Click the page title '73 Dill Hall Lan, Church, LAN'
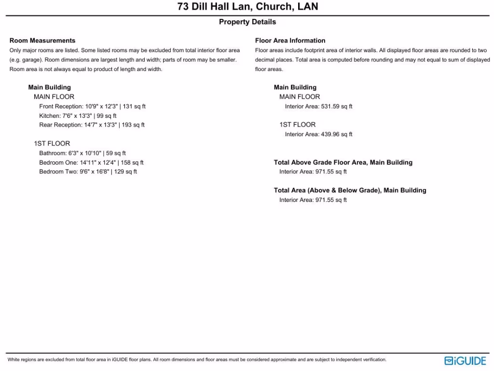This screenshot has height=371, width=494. [x=247, y=7]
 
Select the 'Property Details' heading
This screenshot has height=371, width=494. [x=247, y=22]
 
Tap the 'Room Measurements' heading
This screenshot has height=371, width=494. [x=42, y=41]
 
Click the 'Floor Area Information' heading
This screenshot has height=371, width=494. [x=290, y=41]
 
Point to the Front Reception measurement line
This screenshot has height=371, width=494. [x=92, y=106]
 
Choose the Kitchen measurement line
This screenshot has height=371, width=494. [x=78, y=116]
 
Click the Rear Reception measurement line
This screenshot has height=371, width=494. [x=92, y=125]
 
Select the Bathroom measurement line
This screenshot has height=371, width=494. [x=82, y=153]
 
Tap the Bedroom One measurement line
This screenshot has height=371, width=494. [x=91, y=163]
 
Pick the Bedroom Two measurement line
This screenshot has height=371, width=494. [x=88, y=172]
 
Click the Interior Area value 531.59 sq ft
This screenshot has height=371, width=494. [x=318, y=106]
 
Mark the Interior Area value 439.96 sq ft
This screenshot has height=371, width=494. [x=318, y=134]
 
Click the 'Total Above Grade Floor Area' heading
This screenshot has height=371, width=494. [x=343, y=162]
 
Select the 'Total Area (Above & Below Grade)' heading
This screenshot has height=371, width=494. [x=350, y=190]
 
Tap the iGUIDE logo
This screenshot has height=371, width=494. [x=465, y=360]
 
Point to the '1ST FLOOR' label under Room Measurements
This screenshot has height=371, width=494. [x=52, y=143]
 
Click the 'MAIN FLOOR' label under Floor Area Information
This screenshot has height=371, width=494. [x=300, y=97]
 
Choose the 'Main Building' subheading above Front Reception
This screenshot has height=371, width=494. [x=49, y=87]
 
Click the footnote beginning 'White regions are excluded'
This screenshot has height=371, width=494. [x=197, y=360]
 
